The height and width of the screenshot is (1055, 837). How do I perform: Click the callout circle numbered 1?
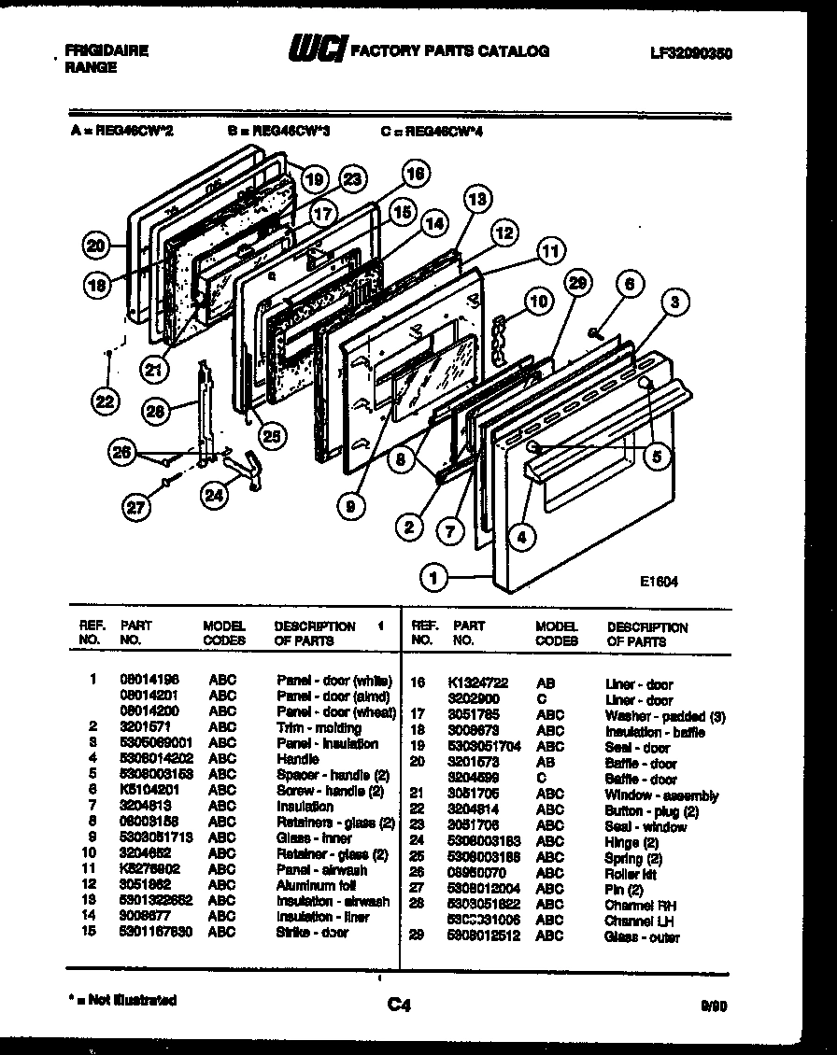point(433,579)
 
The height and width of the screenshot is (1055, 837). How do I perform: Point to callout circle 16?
point(416,174)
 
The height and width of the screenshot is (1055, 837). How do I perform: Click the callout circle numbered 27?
point(137,508)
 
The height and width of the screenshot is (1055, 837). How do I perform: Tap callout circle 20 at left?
point(95,246)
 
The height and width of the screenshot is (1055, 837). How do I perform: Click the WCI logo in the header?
point(316,49)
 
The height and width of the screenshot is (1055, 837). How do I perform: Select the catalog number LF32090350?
point(690,53)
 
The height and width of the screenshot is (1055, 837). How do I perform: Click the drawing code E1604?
point(659,581)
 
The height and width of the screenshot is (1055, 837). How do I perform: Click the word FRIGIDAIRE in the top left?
point(106,50)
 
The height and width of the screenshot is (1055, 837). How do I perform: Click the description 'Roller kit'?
point(630,874)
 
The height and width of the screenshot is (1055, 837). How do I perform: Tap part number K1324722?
point(476,683)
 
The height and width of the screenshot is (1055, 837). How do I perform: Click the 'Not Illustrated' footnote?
point(122,1000)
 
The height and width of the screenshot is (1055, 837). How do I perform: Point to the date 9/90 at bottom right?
point(712,1006)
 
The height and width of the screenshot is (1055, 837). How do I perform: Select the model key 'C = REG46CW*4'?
point(432,132)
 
